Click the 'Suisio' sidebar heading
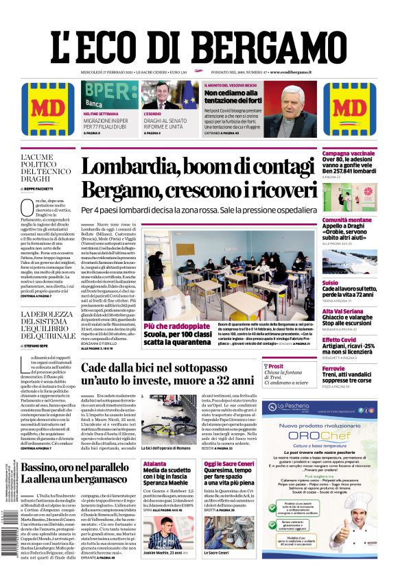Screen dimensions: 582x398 [330, 282]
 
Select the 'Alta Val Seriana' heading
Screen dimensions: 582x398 [342, 312]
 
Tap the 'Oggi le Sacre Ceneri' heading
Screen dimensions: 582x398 [229, 464]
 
